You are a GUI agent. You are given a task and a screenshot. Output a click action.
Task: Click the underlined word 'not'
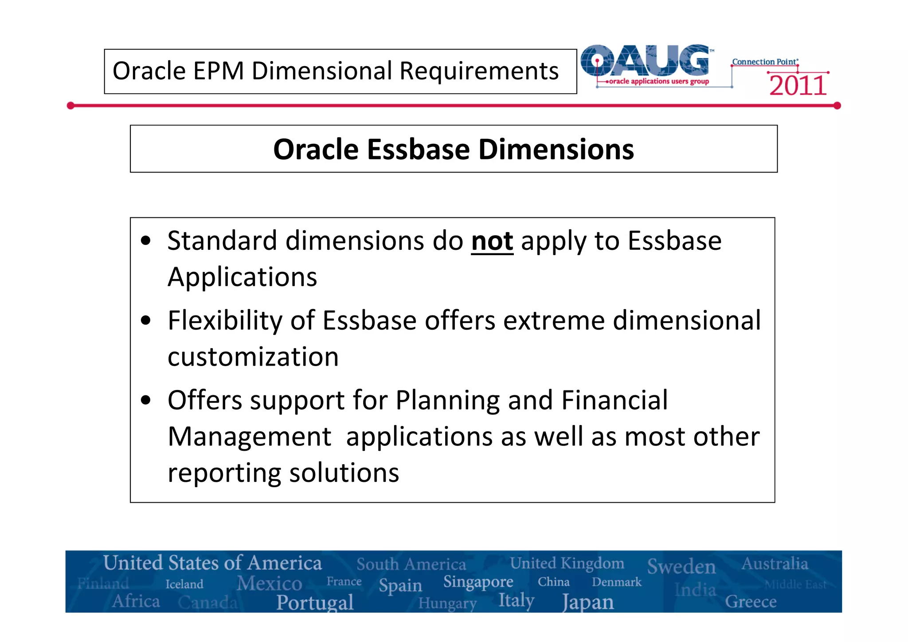492,241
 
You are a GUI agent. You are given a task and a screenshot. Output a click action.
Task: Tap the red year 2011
798,86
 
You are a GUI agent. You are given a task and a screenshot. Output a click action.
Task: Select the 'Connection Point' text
764,62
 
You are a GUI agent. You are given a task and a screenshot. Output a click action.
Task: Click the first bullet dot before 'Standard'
146,241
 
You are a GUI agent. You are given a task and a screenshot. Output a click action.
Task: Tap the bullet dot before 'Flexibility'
146,320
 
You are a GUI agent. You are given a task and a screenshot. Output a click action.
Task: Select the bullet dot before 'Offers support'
146,400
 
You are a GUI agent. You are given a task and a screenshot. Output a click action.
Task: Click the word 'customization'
253,357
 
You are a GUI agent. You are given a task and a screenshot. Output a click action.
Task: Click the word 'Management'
250,437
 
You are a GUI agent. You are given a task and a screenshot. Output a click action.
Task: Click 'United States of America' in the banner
212,563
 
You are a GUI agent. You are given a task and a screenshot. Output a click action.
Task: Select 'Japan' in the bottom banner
588,603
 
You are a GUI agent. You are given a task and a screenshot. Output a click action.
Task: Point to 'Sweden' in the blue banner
681,567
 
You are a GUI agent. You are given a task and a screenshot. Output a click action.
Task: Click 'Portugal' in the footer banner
315,603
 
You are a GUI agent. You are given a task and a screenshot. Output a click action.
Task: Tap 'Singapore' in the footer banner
478,582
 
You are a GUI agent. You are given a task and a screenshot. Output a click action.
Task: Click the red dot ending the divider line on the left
70,106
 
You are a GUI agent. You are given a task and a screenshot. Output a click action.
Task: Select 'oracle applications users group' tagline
658,82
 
